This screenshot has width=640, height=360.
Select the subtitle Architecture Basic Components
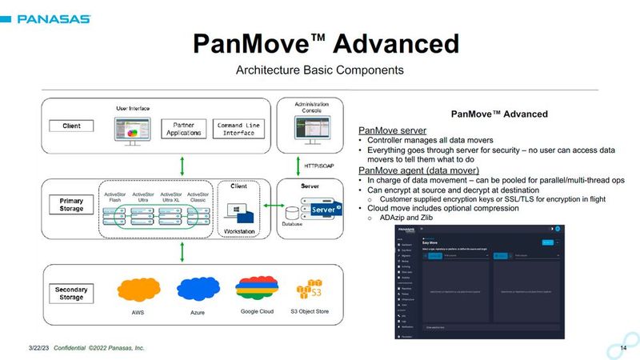[x=320, y=70]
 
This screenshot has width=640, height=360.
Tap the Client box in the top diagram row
[x=71, y=126]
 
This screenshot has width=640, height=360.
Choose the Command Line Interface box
[x=240, y=129]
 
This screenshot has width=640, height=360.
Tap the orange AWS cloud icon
[x=137, y=290]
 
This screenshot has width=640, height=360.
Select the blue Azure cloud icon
[x=197, y=290]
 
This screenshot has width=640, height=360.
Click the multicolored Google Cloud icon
[x=257, y=289]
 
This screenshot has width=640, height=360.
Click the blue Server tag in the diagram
[x=324, y=210]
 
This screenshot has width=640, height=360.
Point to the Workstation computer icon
[x=240, y=211]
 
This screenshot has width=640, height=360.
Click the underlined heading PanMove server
[x=392, y=130]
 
